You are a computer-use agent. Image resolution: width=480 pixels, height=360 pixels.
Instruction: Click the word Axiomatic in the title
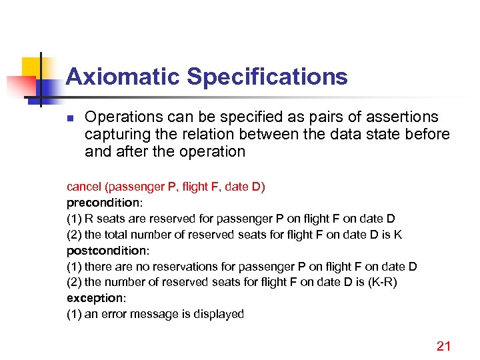point(123,77)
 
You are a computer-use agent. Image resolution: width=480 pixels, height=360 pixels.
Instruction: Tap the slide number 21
point(443,345)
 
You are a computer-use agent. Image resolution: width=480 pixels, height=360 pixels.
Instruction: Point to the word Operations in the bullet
point(125,117)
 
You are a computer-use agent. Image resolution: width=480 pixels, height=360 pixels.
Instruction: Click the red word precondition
point(99,203)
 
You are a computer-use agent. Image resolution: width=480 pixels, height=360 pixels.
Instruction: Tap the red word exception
point(93,298)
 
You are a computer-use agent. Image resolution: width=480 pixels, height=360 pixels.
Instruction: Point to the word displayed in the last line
point(221,314)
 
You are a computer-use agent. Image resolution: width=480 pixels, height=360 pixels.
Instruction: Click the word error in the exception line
point(113,314)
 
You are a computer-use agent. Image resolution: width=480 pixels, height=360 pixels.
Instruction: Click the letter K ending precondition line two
point(398,235)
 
